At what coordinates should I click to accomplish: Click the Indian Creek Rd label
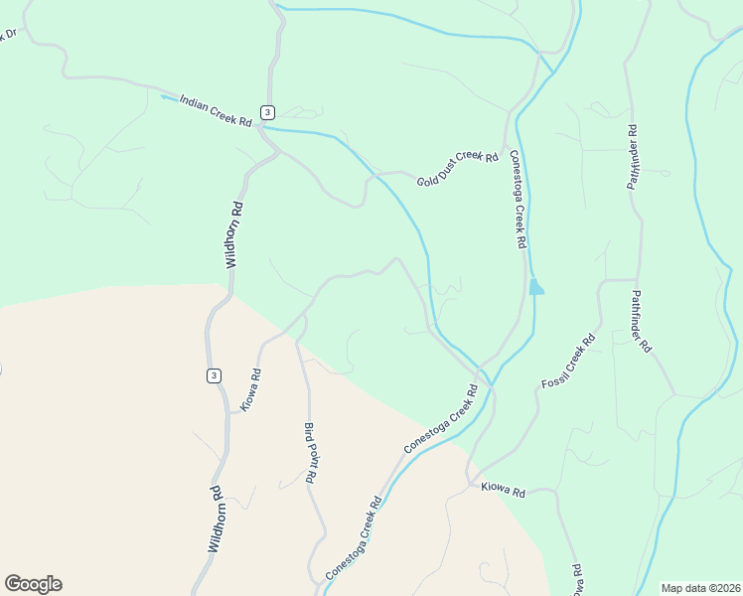tap(216, 112)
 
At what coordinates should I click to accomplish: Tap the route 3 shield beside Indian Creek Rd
tap(268, 111)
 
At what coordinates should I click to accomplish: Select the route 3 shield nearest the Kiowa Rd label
tap(214, 375)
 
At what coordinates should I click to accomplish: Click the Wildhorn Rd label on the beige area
tap(215, 519)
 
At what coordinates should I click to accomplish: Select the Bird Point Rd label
tap(310, 452)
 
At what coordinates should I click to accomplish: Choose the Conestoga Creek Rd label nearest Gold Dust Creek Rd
tap(517, 199)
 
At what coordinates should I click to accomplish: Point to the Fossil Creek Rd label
tap(568, 362)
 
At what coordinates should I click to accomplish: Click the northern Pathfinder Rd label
tap(632, 157)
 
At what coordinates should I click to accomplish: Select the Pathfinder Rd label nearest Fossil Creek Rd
tap(641, 322)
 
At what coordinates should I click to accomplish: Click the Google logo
tap(33, 584)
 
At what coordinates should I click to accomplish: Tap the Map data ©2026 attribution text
tap(699, 588)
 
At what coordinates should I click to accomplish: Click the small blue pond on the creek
tap(536, 288)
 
